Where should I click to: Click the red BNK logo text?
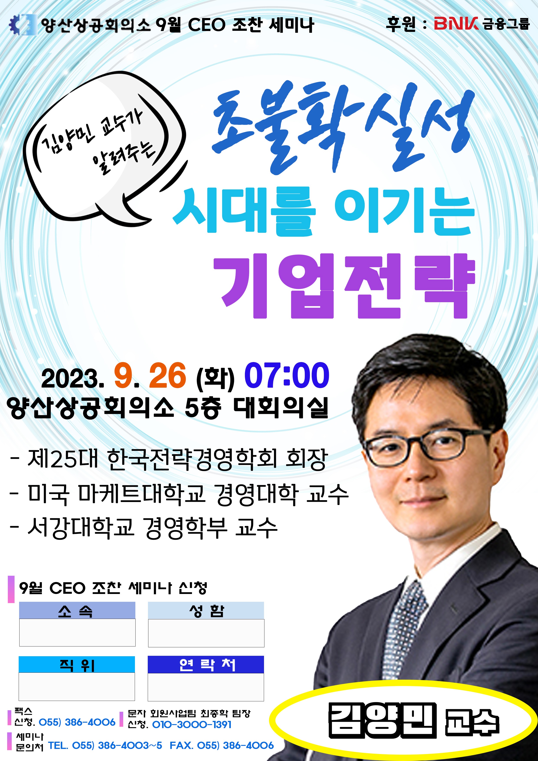click(x=456, y=23)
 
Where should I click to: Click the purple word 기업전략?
click(x=345, y=286)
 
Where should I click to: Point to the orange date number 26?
click(x=168, y=375)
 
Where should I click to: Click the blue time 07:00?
click(x=287, y=375)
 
